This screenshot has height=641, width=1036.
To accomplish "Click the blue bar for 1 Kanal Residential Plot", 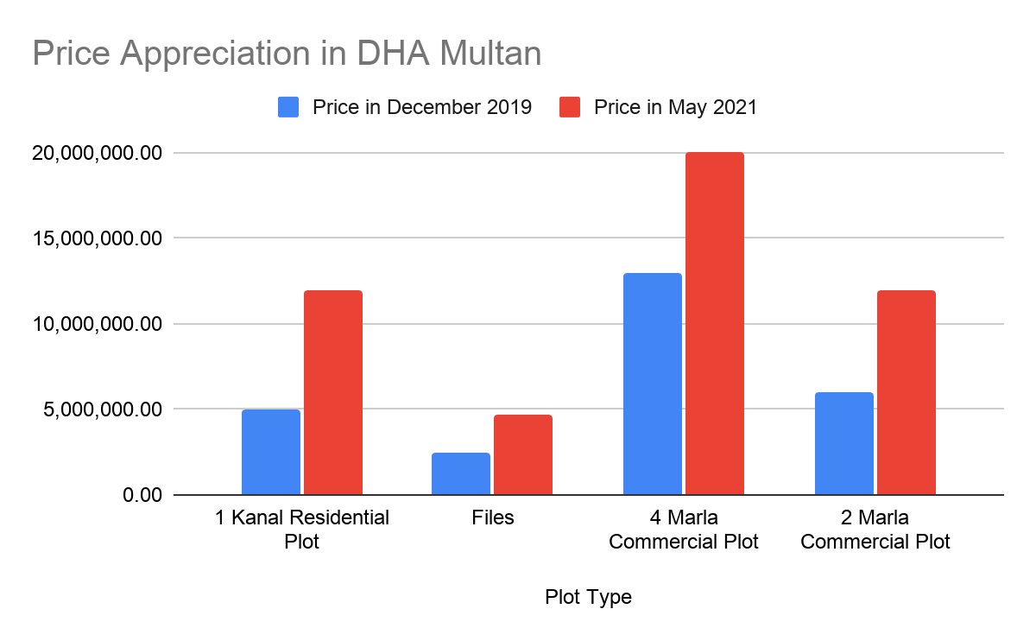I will [x=271, y=452].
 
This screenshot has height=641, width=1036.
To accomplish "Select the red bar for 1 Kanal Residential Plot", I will [x=333, y=392].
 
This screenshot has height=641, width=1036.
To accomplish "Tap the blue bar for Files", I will [x=461, y=473].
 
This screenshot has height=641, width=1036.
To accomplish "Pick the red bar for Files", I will [x=523, y=454].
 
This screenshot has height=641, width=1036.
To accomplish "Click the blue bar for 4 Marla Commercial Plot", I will [x=653, y=384].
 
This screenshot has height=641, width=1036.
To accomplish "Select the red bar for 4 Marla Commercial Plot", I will [x=715, y=323].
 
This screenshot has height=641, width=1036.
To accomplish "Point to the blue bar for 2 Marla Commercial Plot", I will [x=844, y=443].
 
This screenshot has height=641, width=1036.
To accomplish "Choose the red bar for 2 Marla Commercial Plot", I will [x=906, y=392].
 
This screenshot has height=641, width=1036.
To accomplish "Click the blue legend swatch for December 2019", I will [x=288, y=107].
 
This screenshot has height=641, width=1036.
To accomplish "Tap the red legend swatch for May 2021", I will [x=570, y=107].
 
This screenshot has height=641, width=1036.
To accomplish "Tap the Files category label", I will [x=493, y=517].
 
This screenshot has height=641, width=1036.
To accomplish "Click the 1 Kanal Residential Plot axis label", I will [x=302, y=530].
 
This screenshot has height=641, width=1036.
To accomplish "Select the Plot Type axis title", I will [x=588, y=597].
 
